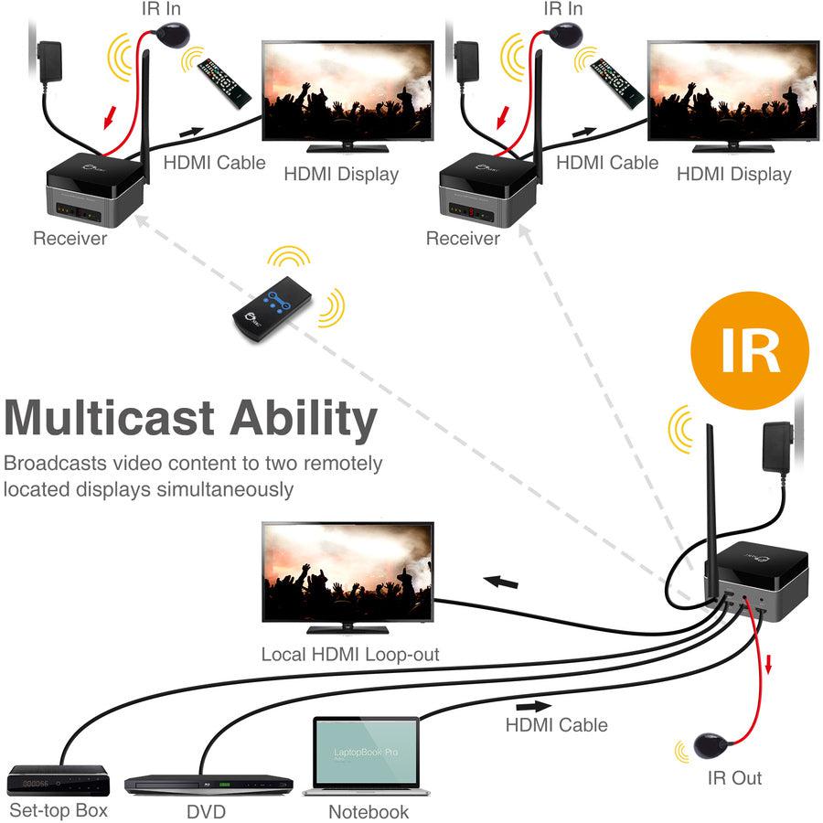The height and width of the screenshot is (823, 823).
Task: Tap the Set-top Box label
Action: [58, 810]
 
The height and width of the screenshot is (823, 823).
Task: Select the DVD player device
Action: [208, 784]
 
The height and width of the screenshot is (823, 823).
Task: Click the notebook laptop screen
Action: [366, 752]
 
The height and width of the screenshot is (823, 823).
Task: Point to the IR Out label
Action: [734, 778]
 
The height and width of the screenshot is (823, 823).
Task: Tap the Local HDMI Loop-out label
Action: [350, 655]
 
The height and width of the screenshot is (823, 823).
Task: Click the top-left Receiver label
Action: [69, 239]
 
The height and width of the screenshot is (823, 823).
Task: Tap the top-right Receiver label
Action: [463, 239]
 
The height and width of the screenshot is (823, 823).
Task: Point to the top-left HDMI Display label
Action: [341, 174]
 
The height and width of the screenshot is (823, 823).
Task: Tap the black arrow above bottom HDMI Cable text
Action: [533, 707]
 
